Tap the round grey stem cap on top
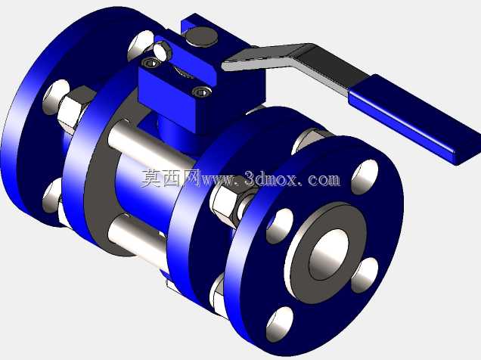[x=202, y=36]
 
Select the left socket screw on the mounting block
[x=152, y=63]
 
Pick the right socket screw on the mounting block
[x=201, y=92]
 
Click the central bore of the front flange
[x=329, y=254]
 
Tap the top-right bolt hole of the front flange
[x=365, y=177]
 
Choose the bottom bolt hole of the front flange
[x=280, y=324]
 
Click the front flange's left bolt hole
[x=280, y=226]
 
